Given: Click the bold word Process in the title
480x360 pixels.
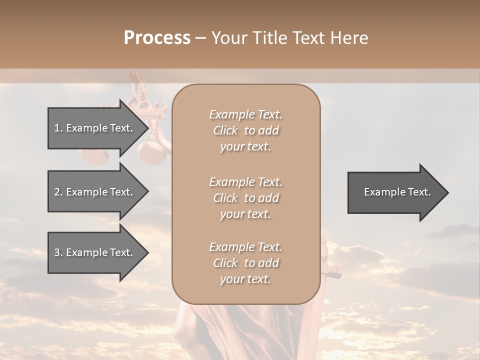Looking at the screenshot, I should pos(157,38).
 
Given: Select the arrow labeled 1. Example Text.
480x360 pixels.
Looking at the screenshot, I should pos(95,128).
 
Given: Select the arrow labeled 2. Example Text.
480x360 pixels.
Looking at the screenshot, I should pos(95,192).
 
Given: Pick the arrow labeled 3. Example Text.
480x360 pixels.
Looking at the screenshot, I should pos(95,252).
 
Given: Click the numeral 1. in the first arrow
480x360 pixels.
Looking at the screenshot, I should pos(58,128).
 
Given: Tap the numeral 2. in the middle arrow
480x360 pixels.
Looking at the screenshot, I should pos(58,192).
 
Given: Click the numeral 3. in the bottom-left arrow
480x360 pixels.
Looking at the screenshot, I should pos(58,252).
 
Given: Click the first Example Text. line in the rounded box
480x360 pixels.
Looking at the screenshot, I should pos(245,114).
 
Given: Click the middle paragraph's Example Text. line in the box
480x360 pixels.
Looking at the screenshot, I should pos(245,181).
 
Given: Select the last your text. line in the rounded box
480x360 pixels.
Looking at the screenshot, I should pos(245,279).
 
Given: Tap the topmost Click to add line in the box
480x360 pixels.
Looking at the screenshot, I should pos(245,130).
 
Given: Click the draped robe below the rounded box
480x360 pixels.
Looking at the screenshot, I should pos(240,330).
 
